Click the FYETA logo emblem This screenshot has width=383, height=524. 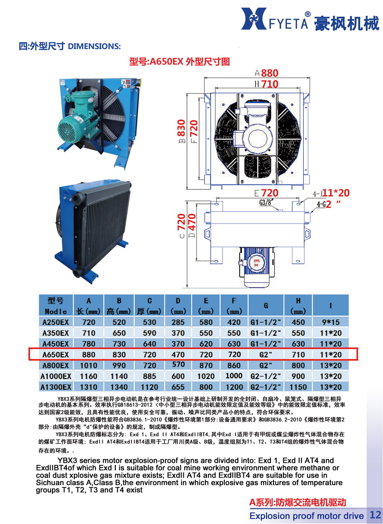[x=259, y=20]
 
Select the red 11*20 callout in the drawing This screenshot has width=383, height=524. [x=337, y=193]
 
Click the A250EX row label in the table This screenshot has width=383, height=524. [x=55, y=322]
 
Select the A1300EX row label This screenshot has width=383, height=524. [x=55, y=386]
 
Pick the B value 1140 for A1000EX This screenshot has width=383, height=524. [x=119, y=376]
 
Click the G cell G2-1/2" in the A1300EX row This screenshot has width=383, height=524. [x=266, y=386]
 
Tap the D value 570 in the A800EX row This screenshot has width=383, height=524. [x=178, y=365]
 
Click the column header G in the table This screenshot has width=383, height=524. [x=266, y=305]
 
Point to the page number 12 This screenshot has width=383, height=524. [x=375, y=515]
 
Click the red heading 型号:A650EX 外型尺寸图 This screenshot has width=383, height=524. [x=179, y=62]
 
